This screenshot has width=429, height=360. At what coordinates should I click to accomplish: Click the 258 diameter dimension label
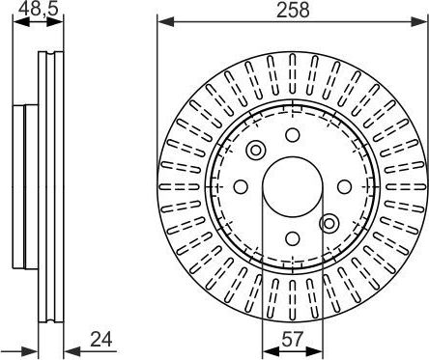pyautogui.click(x=293, y=10)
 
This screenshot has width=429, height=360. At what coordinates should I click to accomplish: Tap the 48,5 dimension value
pyautogui.click(x=39, y=9)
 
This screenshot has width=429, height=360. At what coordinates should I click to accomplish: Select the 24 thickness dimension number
pyautogui.click(x=100, y=340)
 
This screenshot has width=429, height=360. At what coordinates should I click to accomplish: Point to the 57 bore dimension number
pyautogui.click(x=293, y=340)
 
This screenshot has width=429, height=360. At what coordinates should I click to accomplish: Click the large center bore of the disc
pyautogui.click(x=293, y=186)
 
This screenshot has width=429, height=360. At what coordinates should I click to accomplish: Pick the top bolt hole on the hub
pyautogui.click(x=293, y=134)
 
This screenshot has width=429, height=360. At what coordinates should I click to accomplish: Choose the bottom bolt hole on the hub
pyautogui.click(x=293, y=238)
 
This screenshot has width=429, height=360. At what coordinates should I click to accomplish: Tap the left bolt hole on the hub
pyautogui.click(x=241, y=186)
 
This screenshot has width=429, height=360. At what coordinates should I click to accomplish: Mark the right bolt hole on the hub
pyautogui.click(x=344, y=186)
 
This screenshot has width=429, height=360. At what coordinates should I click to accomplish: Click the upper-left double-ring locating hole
pyautogui.click(x=256, y=150)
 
